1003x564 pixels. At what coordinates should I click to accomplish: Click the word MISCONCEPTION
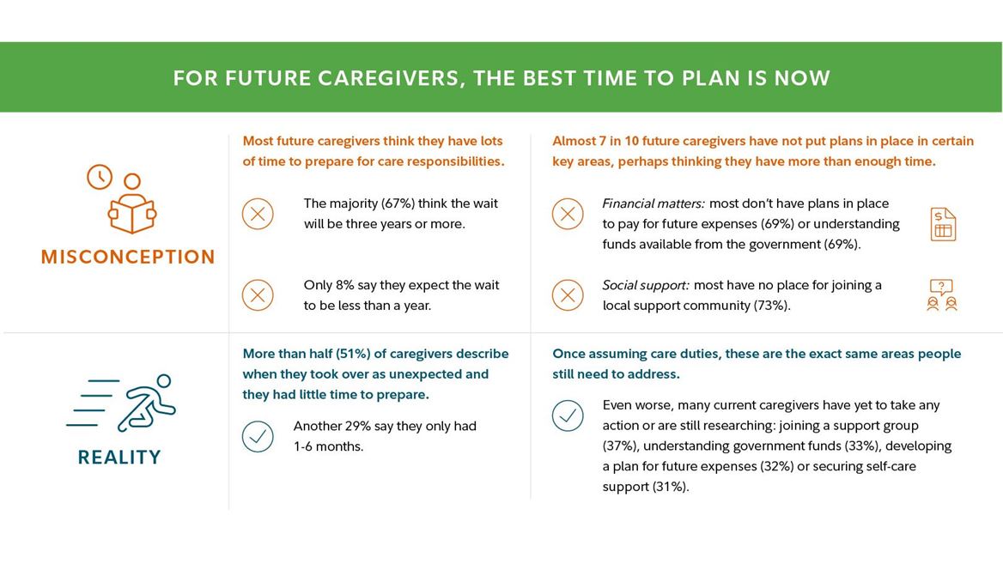128,257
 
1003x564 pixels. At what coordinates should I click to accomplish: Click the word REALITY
119,458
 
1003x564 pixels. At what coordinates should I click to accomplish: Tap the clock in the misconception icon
100,177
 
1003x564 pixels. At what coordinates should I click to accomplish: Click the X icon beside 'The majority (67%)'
258,214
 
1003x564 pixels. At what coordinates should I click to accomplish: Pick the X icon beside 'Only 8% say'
258,295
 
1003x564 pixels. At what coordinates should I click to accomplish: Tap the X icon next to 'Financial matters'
568,214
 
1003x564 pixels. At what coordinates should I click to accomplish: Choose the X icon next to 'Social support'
568,295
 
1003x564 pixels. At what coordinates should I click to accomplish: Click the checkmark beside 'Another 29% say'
258,437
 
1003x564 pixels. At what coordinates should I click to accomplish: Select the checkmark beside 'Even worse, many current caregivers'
568,415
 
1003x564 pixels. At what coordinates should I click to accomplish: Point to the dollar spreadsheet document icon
943,224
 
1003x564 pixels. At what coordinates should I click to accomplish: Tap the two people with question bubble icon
942,294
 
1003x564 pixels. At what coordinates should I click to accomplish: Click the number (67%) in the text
398,203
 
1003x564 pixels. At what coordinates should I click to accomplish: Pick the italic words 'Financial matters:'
653,203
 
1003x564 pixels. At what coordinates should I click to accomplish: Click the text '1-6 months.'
328,446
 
